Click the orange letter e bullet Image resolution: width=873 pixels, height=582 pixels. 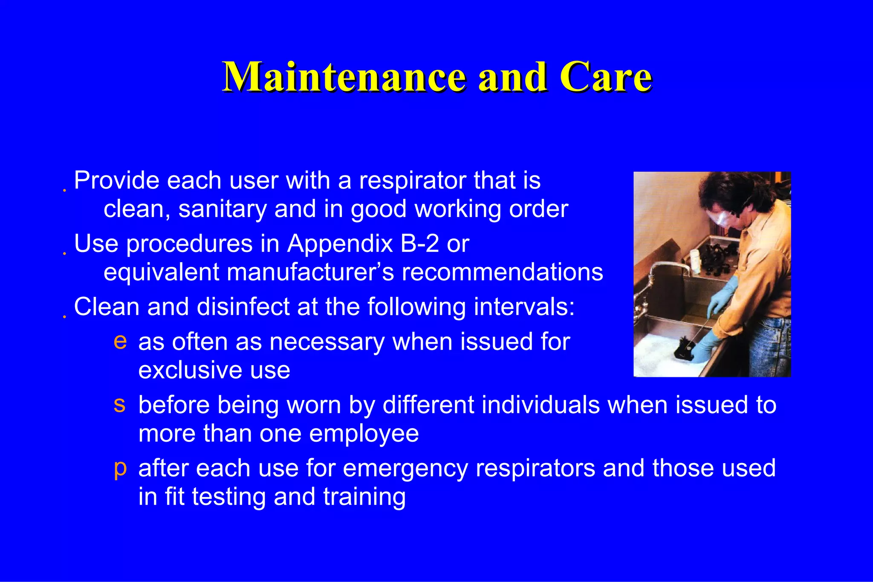(x=120, y=342)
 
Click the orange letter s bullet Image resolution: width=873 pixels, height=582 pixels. (x=119, y=405)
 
